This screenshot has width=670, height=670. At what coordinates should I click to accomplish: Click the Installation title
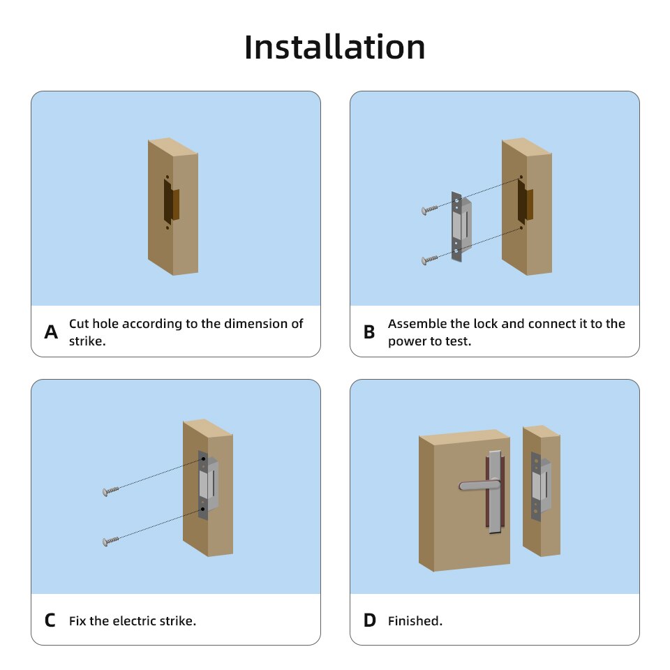[x=335, y=47]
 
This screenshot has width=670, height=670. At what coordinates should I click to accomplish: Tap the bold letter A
[x=51, y=332]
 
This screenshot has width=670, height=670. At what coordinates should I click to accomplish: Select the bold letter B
[x=369, y=332]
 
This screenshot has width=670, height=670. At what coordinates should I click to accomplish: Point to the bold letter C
[x=50, y=620]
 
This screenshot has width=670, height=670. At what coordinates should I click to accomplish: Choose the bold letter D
[x=369, y=620]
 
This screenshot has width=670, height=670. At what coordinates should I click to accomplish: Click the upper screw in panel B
[x=429, y=209]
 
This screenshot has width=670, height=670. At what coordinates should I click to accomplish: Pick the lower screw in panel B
[x=429, y=260]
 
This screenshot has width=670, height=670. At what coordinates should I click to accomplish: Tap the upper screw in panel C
[x=111, y=492]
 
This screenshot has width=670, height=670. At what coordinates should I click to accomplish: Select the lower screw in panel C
[x=111, y=541]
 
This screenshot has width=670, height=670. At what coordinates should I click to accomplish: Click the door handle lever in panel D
[x=479, y=485]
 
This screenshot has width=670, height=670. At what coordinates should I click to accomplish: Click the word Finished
[x=415, y=620]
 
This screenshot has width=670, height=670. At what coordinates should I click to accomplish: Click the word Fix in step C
[x=77, y=620]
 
